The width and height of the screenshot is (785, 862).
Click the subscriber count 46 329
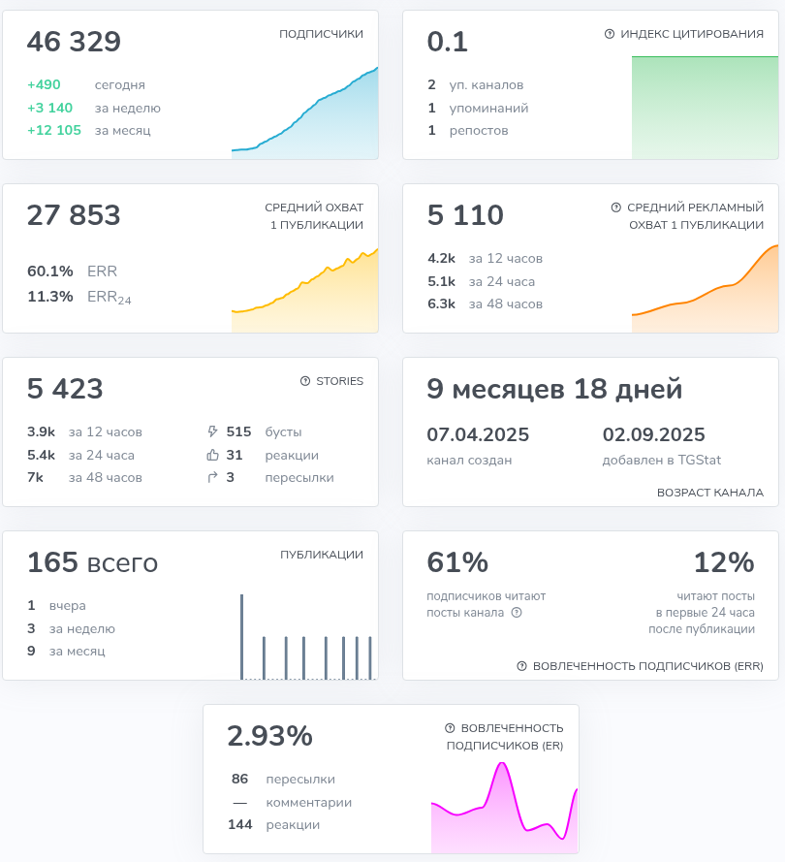[x=74, y=43]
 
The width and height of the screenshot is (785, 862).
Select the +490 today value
[x=44, y=85]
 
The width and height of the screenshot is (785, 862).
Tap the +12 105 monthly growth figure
[x=54, y=130]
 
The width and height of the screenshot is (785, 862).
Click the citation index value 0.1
[x=448, y=43]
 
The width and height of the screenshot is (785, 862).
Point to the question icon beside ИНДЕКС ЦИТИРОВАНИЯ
[x=610, y=34]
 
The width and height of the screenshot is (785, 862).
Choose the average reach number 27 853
[x=74, y=215]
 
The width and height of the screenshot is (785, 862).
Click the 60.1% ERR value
[x=50, y=271]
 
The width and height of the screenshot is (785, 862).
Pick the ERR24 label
[x=109, y=298]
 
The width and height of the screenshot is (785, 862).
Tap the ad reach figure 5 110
[x=465, y=215]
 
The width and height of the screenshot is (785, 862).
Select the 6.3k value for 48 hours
[x=441, y=303]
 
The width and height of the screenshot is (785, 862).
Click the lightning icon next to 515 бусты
[x=213, y=432]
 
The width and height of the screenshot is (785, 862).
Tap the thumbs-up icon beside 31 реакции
[x=213, y=455]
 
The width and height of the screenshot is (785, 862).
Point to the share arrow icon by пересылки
[x=213, y=477]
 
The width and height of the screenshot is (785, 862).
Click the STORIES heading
[x=339, y=381]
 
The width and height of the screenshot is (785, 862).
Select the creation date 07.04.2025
[x=478, y=434]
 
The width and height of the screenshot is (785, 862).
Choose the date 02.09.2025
[x=653, y=434]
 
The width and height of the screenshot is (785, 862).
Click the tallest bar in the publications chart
[x=241, y=635]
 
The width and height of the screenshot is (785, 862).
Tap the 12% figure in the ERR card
[x=723, y=562]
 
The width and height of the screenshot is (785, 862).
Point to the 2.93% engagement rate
[x=269, y=736]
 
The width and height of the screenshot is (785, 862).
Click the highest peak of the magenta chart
[x=502, y=765]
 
